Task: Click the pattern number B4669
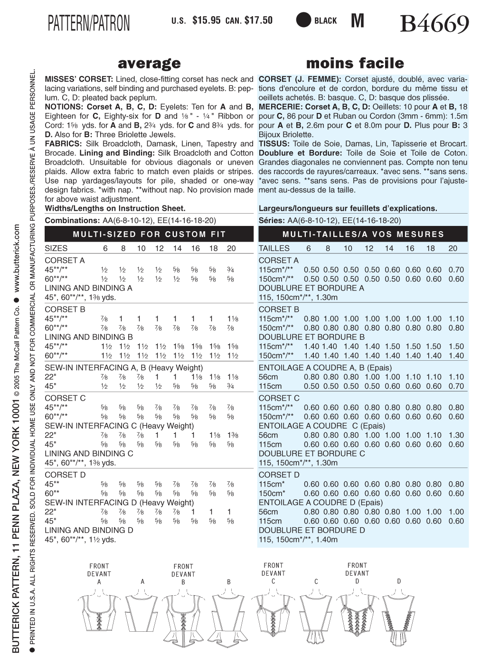coord(434,24)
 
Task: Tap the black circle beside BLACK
coord(303,20)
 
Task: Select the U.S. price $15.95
coord(207,20)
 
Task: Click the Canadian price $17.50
coord(258,20)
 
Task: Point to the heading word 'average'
coord(149,63)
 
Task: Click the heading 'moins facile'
coord(355,63)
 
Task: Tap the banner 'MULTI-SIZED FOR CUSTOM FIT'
coord(149,234)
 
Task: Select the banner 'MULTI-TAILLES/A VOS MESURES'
coord(363,234)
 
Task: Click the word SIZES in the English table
coord(56,248)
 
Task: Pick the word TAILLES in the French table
coord(274,248)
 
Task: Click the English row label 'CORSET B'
coord(65,309)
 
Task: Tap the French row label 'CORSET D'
coord(279,475)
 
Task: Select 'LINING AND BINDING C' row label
coord(89,453)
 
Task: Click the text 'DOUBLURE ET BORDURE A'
coord(311,288)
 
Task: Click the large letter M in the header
coord(357,21)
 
